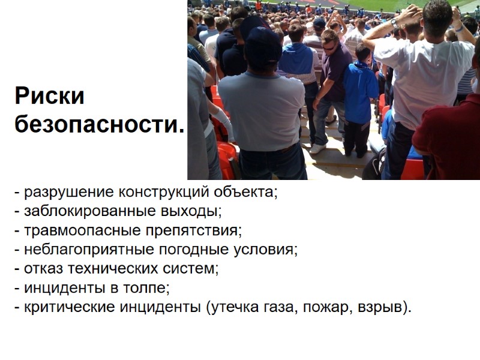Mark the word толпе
pyautogui.click(x=148, y=287)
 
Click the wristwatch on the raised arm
pyautogui.click(x=394, y=22)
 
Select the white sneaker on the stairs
pyautogui.click(x=317, y=148)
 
